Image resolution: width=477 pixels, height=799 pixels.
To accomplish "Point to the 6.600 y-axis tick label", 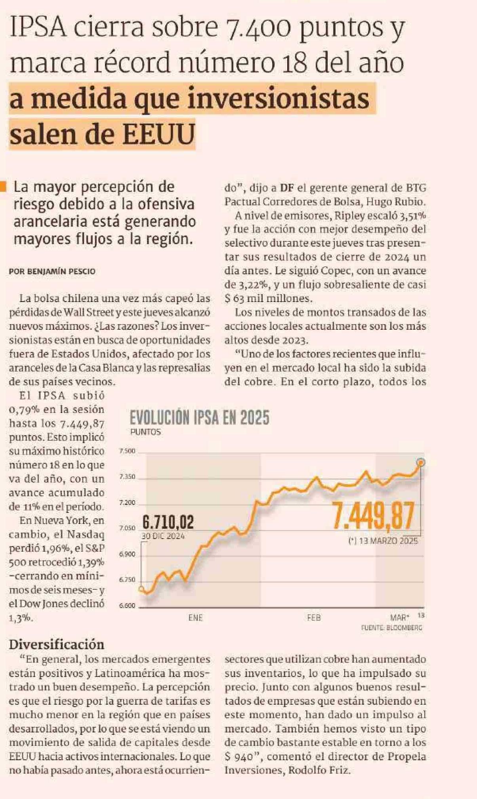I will [127, 606].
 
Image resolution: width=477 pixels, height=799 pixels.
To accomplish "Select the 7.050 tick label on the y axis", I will [127, 528].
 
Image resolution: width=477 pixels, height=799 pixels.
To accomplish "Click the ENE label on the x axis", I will [195, 617].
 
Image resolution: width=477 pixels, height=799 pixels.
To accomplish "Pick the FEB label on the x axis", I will [314, 617].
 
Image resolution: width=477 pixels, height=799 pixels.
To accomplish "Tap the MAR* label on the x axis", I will [399, 617].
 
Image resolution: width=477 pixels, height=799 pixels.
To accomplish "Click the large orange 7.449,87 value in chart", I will [374, 516].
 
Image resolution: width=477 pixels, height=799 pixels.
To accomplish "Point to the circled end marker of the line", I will [421, 462].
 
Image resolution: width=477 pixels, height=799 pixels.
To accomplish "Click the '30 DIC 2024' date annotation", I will [163, 536].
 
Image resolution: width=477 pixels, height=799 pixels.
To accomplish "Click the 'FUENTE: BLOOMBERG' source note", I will [391, 628].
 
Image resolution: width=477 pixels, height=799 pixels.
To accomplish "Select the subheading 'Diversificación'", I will [57, 644].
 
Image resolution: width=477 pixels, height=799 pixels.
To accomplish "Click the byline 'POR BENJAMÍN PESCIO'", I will [52, 271].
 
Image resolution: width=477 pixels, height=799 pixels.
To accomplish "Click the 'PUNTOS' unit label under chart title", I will [145, 432].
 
